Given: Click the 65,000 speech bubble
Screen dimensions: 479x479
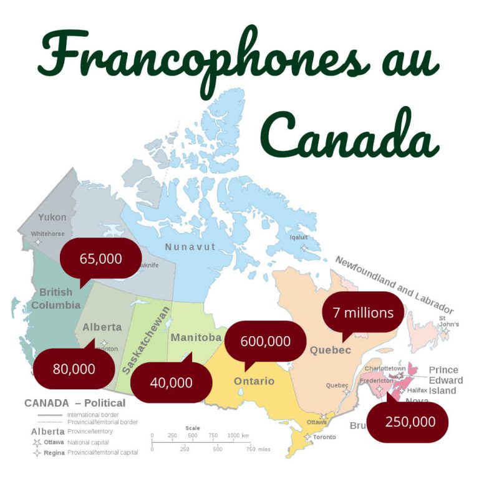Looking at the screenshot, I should [100, 258].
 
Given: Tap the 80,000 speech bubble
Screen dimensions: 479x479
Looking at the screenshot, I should [74, 369].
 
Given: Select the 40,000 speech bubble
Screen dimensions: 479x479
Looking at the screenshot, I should [171, 382].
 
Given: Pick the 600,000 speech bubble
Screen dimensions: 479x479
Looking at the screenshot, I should [266, 341].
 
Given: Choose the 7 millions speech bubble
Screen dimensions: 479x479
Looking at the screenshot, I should [363, 312].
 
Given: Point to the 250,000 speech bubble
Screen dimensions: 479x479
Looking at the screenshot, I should [410, 422].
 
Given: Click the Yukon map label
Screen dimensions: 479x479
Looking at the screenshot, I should [52, 218].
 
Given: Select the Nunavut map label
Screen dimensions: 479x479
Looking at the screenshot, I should [190, 247].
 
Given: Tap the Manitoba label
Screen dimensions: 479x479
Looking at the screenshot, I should [196, 337].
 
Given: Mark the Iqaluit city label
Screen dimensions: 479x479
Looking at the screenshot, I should [299, 237].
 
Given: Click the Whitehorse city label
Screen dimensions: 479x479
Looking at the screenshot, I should [47, 233].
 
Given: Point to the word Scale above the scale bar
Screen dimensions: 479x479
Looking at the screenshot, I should [193, 428].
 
